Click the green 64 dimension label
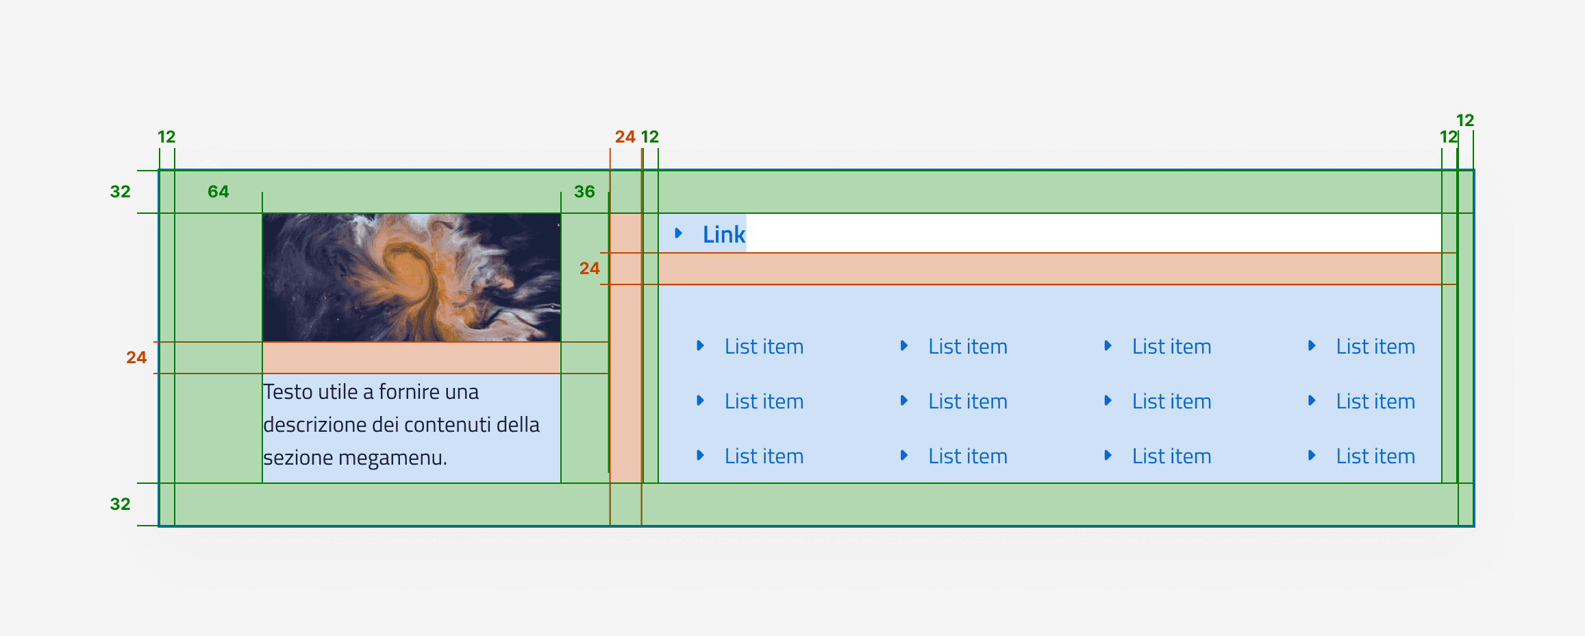coord(218,192)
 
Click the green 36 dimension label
coord(584,192)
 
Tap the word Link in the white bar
coord(723,234)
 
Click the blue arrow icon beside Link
coord(678,233)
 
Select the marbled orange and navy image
coord(411,278)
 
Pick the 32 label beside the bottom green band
coord(120,504)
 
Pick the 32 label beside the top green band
coord(120,192)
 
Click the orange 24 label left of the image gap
coord(136,358)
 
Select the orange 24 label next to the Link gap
coord(589,269)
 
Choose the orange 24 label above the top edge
coord(625,137)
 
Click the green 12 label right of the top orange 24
coord(650,137)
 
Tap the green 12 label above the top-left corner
coord(166,137)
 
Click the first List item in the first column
coord(764,347)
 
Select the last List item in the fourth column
coord(1375,456)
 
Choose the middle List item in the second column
coord(967,402)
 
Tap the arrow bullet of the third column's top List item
coord(1108,346)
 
